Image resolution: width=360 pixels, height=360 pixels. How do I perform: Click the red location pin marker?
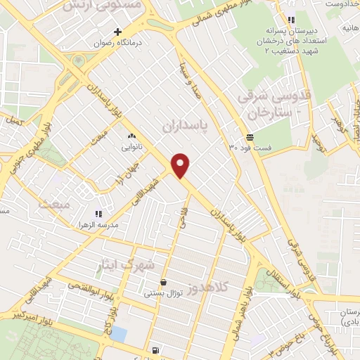pyautogui.click(x=181, y=165)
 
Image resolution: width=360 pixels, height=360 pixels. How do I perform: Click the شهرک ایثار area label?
pyautogui.click(x=138, y=264)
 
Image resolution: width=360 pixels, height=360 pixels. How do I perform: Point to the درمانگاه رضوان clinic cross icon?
pyautogui.click(x=117, y=32)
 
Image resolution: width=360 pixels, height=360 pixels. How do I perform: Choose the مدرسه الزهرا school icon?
pyautogui.click(x=98, y=214)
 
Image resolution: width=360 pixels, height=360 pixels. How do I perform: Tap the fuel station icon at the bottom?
pyautogui.click(x=155, y=350)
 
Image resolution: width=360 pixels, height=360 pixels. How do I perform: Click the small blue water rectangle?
pyautogui.click(x=120, y=335)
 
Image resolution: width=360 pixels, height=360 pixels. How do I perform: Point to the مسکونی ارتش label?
pyautogui.click(x=103, y=6)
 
